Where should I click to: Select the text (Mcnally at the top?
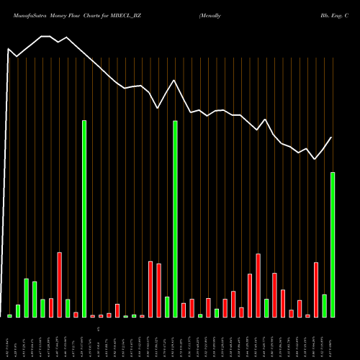(x=213, y=14)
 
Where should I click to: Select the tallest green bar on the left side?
(x=84, y=219)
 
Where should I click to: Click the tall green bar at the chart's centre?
(x=175, y=219)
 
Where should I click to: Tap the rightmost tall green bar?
(x=333, y=245)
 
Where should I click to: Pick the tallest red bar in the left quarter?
(x=60, y=284)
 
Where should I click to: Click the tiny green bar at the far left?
(x=10, y=315)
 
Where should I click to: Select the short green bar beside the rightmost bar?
(x=324, y=306)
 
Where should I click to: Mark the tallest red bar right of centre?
(x=258, y=285)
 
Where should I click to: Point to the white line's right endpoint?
(x=332, y=138)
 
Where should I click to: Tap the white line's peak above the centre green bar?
(x=174, y=80)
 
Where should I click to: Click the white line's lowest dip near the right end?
(x=315, y=159)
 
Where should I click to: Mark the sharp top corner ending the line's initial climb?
(x=8, y=49)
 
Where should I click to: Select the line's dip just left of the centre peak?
(x=158, y=109)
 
